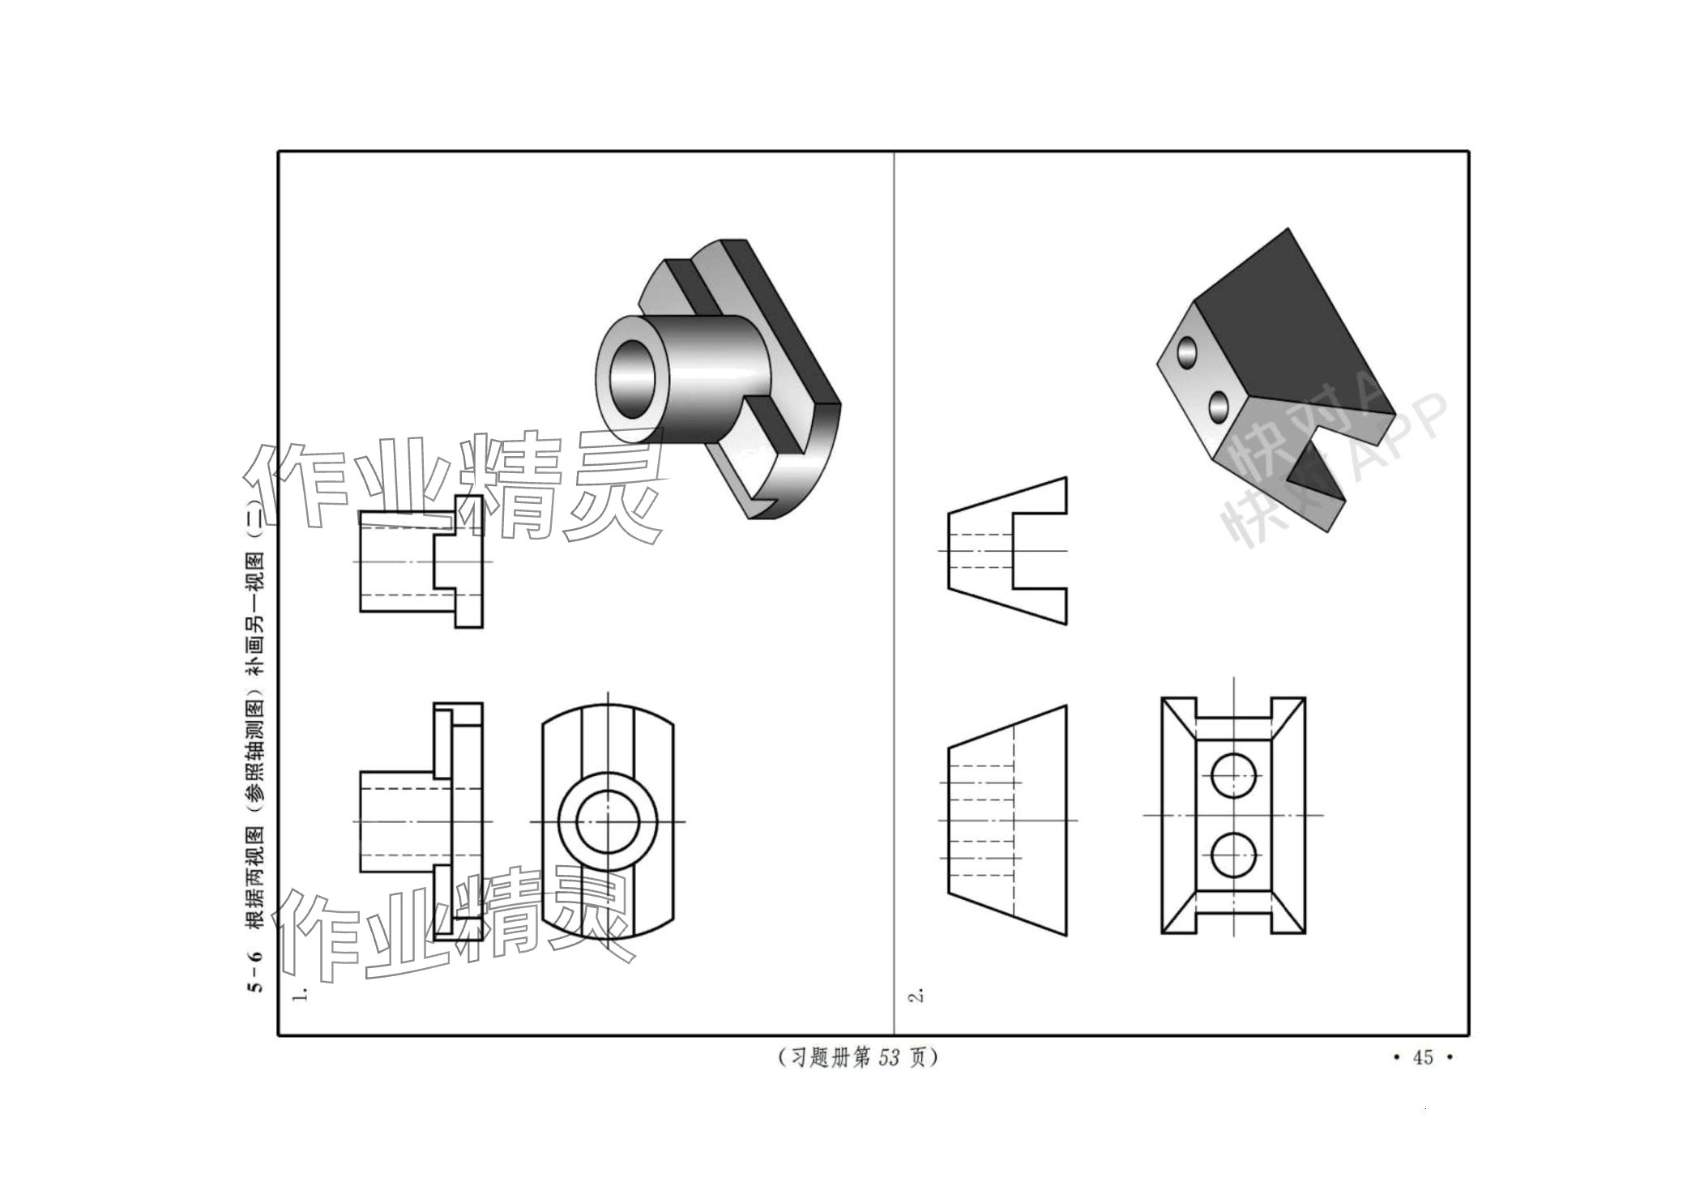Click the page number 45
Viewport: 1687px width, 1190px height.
tap(1423, 1057)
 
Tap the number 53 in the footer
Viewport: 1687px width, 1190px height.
tap(889, 1057)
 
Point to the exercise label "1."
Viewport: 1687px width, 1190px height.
tap(301, 993)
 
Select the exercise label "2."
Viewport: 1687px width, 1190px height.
tap(917, 996)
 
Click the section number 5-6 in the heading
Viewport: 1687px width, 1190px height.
tap(255, 970)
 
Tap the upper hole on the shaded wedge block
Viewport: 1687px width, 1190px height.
tap(1188, 352)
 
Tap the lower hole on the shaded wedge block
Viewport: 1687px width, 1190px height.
tap(1218, 407)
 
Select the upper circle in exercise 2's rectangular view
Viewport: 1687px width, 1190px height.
tap(1233, 776)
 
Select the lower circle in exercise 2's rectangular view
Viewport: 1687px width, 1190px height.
tap(1233, 855)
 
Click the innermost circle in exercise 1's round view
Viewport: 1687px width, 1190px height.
tap(608, 821)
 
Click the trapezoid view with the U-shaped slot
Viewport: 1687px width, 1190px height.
tap(1007, 551)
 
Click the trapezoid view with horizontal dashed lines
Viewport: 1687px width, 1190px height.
tap(1007, 820)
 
